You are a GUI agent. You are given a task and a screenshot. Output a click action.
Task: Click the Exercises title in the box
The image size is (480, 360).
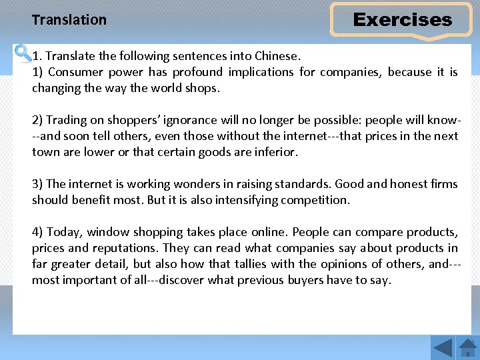pyautogui.click(x=402, y=20)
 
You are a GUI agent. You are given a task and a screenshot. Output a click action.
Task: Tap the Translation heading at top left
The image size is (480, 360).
pyautogui.click(x=69, y=20)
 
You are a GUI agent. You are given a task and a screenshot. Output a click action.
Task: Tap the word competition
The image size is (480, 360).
pyautogui.click(x=315, y=200)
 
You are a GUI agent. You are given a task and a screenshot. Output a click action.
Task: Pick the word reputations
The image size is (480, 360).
pyautogui.click(x=126, y=248)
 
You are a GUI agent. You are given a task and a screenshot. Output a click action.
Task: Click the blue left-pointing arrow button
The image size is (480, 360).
pyautogui.click(x=443, y=348)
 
